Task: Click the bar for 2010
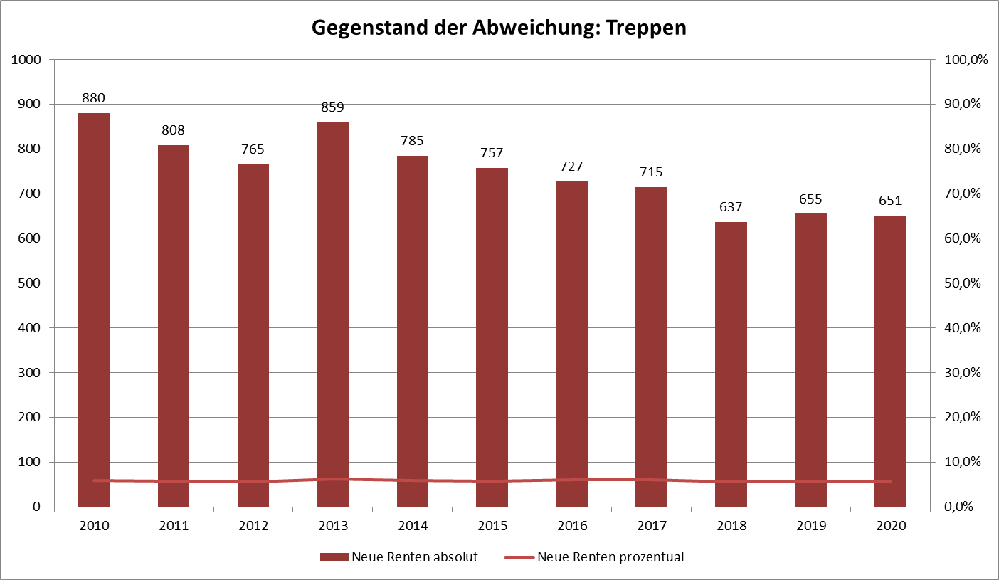pos(94,310)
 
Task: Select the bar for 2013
pos(333,315)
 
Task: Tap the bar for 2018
pos(731,364)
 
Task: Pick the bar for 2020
pos(890,361)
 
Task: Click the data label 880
pos(94,98)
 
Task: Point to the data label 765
pos(253,149)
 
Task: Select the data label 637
pos(731,207)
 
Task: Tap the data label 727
pos(571,167)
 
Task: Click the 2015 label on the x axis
pos(492,526)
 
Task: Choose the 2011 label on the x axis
pos(174,526)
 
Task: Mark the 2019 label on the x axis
pos(810,526)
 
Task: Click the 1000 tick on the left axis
pos(26,60)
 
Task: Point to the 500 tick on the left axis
pos(30,283)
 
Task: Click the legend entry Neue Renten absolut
pos(414,557)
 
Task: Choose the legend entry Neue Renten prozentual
pos(610,557)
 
